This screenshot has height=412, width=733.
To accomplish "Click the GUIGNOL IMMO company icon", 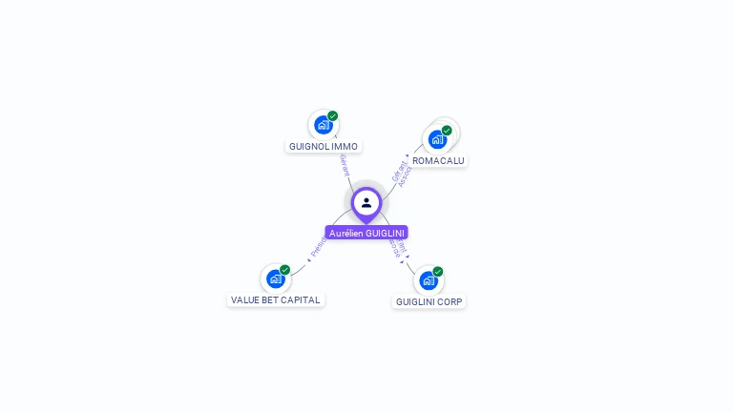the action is (324, 125).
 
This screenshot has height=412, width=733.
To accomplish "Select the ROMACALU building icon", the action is (438, 139).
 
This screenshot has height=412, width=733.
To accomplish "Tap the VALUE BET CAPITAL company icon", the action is (276, 278).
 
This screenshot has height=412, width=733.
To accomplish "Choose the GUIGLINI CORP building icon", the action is (429, 280).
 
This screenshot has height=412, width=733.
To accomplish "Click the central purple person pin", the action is (366, 202).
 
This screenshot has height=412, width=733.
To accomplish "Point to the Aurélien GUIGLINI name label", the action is (366, 233).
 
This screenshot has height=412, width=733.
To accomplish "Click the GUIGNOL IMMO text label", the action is (324, 147).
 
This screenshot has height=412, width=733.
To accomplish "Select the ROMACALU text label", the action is (438, 160).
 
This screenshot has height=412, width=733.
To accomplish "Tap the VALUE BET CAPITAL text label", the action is (276, 299).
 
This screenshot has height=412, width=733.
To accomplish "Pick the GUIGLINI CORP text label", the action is (429, 301).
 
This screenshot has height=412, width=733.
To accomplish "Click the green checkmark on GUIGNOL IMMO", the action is (333, 115).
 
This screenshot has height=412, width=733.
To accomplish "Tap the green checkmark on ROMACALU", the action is (447, 131).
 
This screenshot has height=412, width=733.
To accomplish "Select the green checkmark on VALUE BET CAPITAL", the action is (284, 270).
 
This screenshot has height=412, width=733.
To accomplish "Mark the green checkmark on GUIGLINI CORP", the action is (438, 272).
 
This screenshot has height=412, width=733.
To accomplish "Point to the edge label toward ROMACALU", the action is (402, 173).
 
